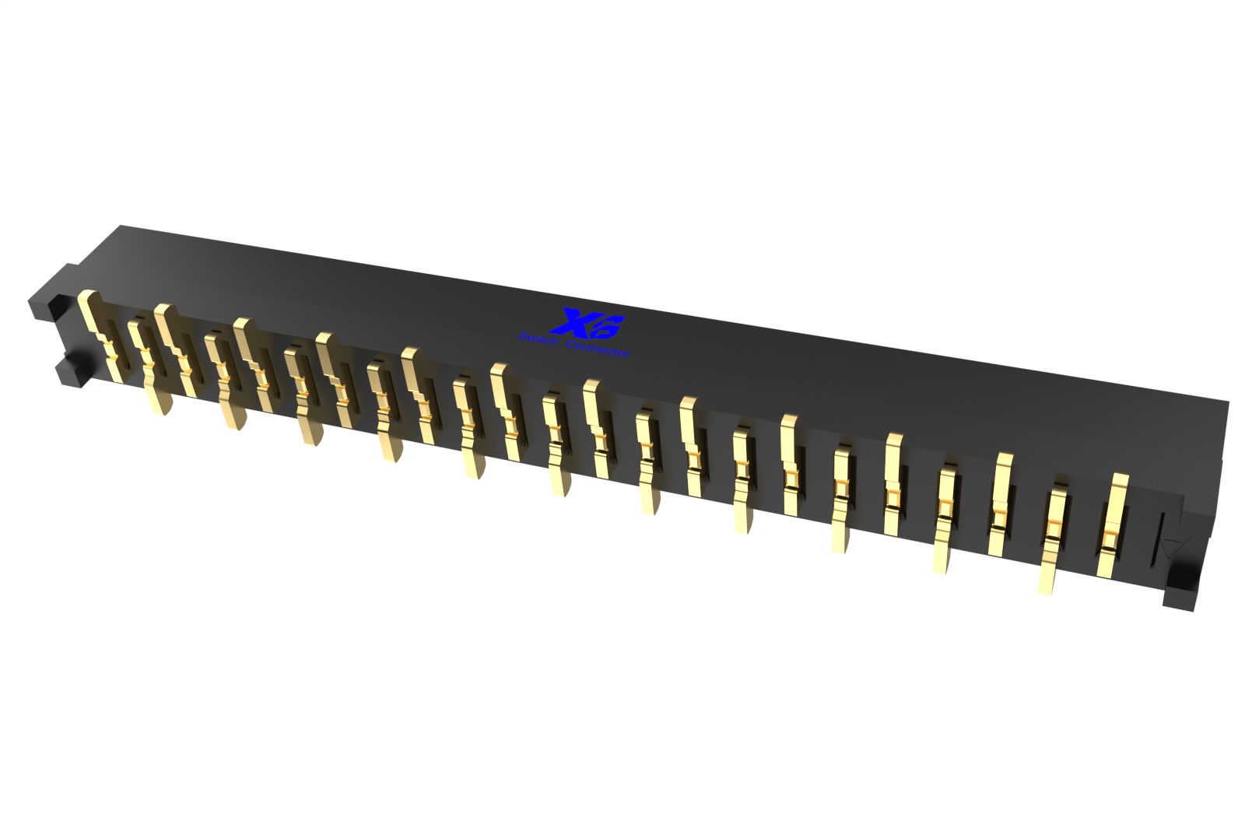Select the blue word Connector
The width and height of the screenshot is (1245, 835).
598,348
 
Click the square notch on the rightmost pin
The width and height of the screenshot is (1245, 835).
1110,537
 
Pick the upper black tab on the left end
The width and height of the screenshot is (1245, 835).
47,303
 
